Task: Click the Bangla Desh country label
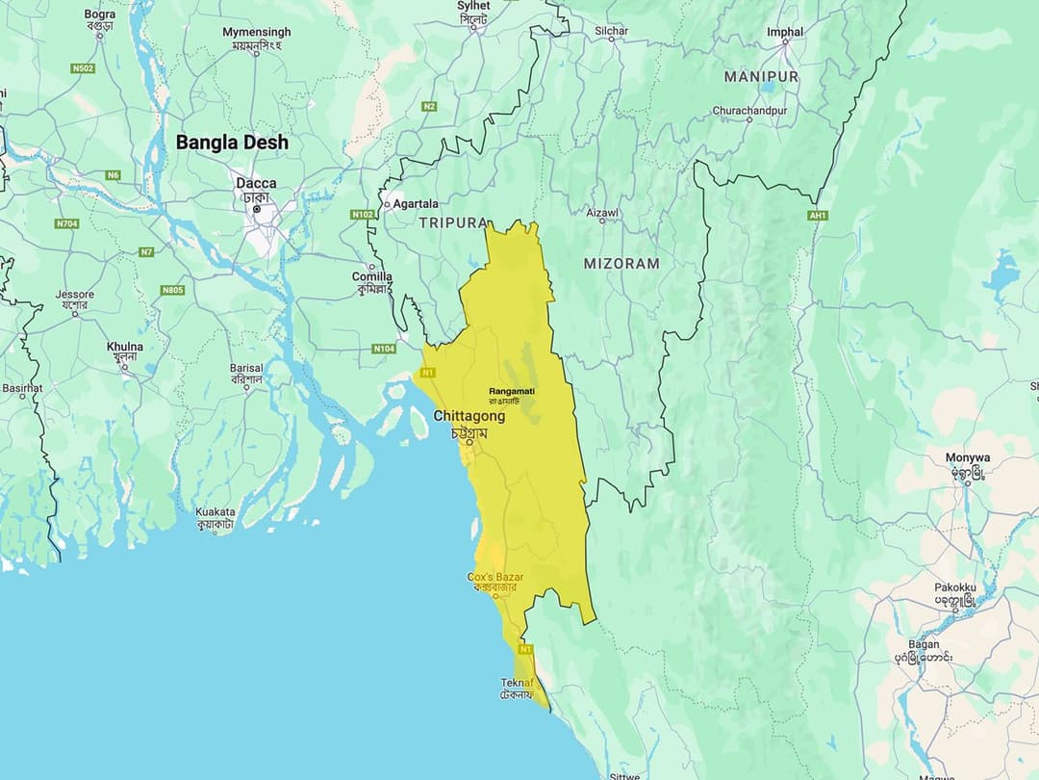(231, 143)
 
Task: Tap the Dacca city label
(256, 183)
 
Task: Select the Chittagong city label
(469, 416)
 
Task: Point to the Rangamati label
(512, 391)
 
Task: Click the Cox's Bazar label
(495, 577)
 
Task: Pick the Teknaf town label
(517, 683)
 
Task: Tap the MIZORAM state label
(621, 263)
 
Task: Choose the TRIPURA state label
(453, 222)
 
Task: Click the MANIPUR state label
(761, 76)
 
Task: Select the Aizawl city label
(602, 213)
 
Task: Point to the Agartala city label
(416, 203)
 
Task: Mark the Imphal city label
(785, 32)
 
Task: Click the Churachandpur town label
(749, 111)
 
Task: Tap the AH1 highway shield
(818, 215)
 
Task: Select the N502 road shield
(83, 68)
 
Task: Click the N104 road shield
(384, 348)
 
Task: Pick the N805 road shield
(173, 290)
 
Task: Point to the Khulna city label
(125, 347)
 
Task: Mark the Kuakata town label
(215, 512)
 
